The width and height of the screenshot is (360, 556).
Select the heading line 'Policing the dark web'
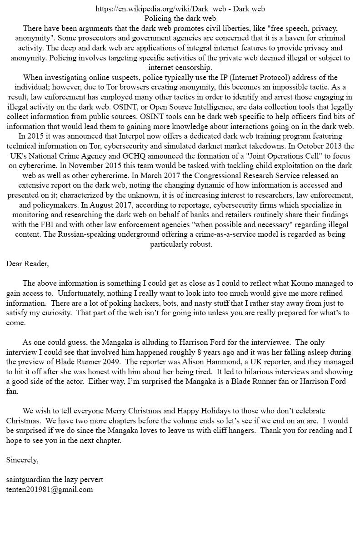pyautogui.click(x=180, y=18)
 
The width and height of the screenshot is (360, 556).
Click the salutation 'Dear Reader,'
pyautogui.click(x=27, y=263)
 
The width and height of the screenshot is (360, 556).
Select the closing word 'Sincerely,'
pyautogui.click(x=22, y=460)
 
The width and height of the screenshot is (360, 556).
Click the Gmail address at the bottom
pyautogui.click(x=50, y=489)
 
